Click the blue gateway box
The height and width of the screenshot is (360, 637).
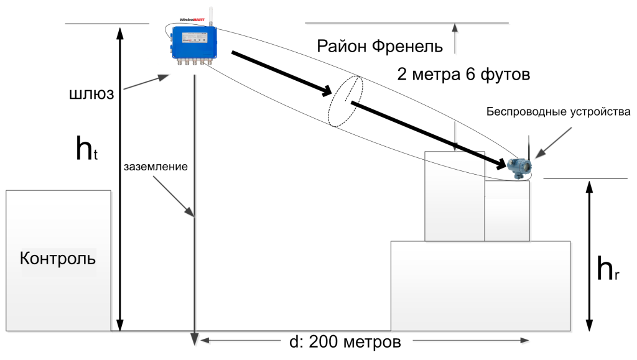click(x=194, y=42)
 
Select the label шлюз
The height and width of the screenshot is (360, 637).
click(x=91, y=94)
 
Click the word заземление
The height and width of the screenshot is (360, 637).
click(x=156, y=167)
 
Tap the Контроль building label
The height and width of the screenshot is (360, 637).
click(x=58, y=258)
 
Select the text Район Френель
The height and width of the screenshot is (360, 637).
click(x=379, y=47)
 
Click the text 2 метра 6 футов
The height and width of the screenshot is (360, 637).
click(x=463, y=75)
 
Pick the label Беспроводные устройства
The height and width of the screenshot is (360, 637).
click(x=559, y=112)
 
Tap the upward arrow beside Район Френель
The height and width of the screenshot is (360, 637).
click(x=455, y=37)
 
